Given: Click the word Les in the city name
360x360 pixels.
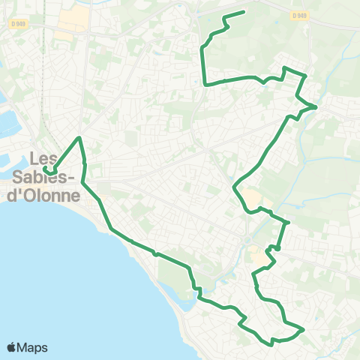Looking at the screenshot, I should [43, 159].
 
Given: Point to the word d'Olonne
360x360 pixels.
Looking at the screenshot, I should [47, 196].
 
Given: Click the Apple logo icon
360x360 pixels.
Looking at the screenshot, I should [12, 347].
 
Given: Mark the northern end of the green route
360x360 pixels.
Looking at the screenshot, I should [244, 12].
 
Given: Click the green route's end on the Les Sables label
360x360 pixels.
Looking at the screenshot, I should [45, 170].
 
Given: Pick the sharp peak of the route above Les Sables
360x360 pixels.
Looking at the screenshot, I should [79, 137].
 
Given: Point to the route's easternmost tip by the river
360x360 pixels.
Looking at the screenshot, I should [316, 106].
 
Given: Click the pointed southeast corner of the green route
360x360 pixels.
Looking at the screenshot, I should [303, 328].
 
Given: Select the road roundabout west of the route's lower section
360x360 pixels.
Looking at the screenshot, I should [246, 241].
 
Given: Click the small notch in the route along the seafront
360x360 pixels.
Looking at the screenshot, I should [154, 253].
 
